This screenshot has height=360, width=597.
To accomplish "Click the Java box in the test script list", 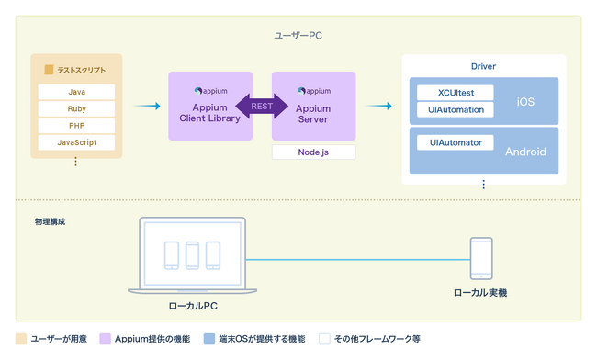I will click(76, 92).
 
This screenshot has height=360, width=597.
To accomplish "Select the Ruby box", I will click(76, 108).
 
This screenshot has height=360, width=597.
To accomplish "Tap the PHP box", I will click(76, 126).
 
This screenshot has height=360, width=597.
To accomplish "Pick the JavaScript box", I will click(76, 142).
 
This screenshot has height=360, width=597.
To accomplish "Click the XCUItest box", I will click(456, 93).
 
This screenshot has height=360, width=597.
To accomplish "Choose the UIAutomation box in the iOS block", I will click(456, 109).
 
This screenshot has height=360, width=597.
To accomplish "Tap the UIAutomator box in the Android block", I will click(456, 142).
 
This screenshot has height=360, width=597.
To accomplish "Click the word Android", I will click(525, 152).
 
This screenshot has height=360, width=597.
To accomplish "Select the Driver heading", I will click(483, 67).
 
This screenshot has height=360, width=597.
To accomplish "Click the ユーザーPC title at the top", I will click(298, 35).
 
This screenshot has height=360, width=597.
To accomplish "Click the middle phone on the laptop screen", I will click(193, 254).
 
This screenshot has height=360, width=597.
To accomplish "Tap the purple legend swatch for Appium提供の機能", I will click(107, 339).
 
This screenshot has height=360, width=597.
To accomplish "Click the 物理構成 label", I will click(50, 221).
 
